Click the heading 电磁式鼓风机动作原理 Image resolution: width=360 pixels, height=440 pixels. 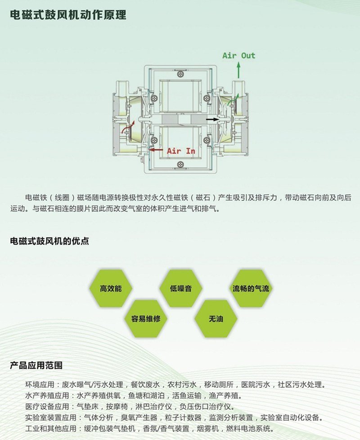68,14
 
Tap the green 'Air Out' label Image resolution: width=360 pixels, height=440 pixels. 239,55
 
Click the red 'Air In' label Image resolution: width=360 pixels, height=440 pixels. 181,151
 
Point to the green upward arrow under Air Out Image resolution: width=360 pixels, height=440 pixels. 238,70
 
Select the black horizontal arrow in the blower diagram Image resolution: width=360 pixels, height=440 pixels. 212,119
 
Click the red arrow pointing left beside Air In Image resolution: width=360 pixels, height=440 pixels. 156,150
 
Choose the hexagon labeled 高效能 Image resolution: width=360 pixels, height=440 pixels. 111,288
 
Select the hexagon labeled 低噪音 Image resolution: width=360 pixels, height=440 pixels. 181,288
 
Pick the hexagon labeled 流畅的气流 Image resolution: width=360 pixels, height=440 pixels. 251,288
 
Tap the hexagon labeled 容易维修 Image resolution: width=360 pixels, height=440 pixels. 146,319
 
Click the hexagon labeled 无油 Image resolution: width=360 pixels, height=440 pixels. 216,319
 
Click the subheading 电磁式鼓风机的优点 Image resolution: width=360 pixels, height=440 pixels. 49,241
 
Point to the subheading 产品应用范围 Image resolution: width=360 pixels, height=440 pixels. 36,365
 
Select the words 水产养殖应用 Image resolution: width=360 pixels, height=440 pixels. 47,395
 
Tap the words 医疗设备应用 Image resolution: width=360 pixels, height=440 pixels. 47,406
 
